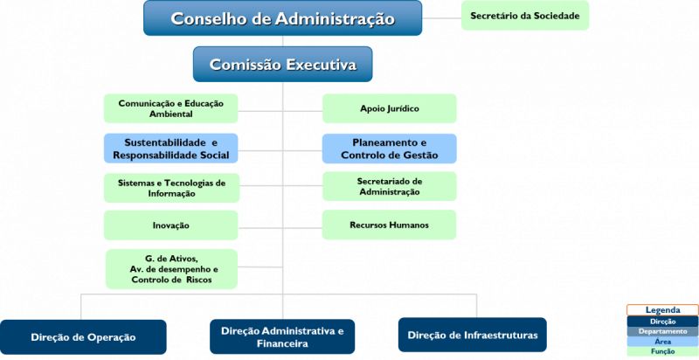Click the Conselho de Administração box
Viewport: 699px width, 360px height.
[282, 17]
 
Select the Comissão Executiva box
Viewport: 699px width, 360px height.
[282, 64]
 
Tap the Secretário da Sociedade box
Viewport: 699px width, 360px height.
[525, 16]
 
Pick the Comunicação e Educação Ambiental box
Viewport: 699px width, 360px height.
[171, 108]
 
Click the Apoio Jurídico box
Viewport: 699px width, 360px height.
[390, 108]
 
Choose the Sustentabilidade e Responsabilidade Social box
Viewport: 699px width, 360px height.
[171, 149]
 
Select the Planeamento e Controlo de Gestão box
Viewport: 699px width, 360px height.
[390, 149]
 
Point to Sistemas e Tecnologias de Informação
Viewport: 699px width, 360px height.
[171, 188]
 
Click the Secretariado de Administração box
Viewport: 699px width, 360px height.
[390, 186]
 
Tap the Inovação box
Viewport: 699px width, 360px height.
[171, 225]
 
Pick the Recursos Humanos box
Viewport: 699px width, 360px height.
[389, 225]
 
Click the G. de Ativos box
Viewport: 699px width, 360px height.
[171, 269]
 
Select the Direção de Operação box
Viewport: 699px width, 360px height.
[83, 336]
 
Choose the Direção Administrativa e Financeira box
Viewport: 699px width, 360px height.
[282, 336]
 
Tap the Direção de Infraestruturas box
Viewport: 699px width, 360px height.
[473, 335]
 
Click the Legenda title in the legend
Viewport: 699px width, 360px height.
[663, 310]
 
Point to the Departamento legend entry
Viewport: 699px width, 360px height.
[663, 331]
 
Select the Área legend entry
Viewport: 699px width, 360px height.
[663, 342]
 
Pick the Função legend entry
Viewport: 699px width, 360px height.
[663, 351]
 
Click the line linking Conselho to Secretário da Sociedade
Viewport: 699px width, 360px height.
[442, 18]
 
